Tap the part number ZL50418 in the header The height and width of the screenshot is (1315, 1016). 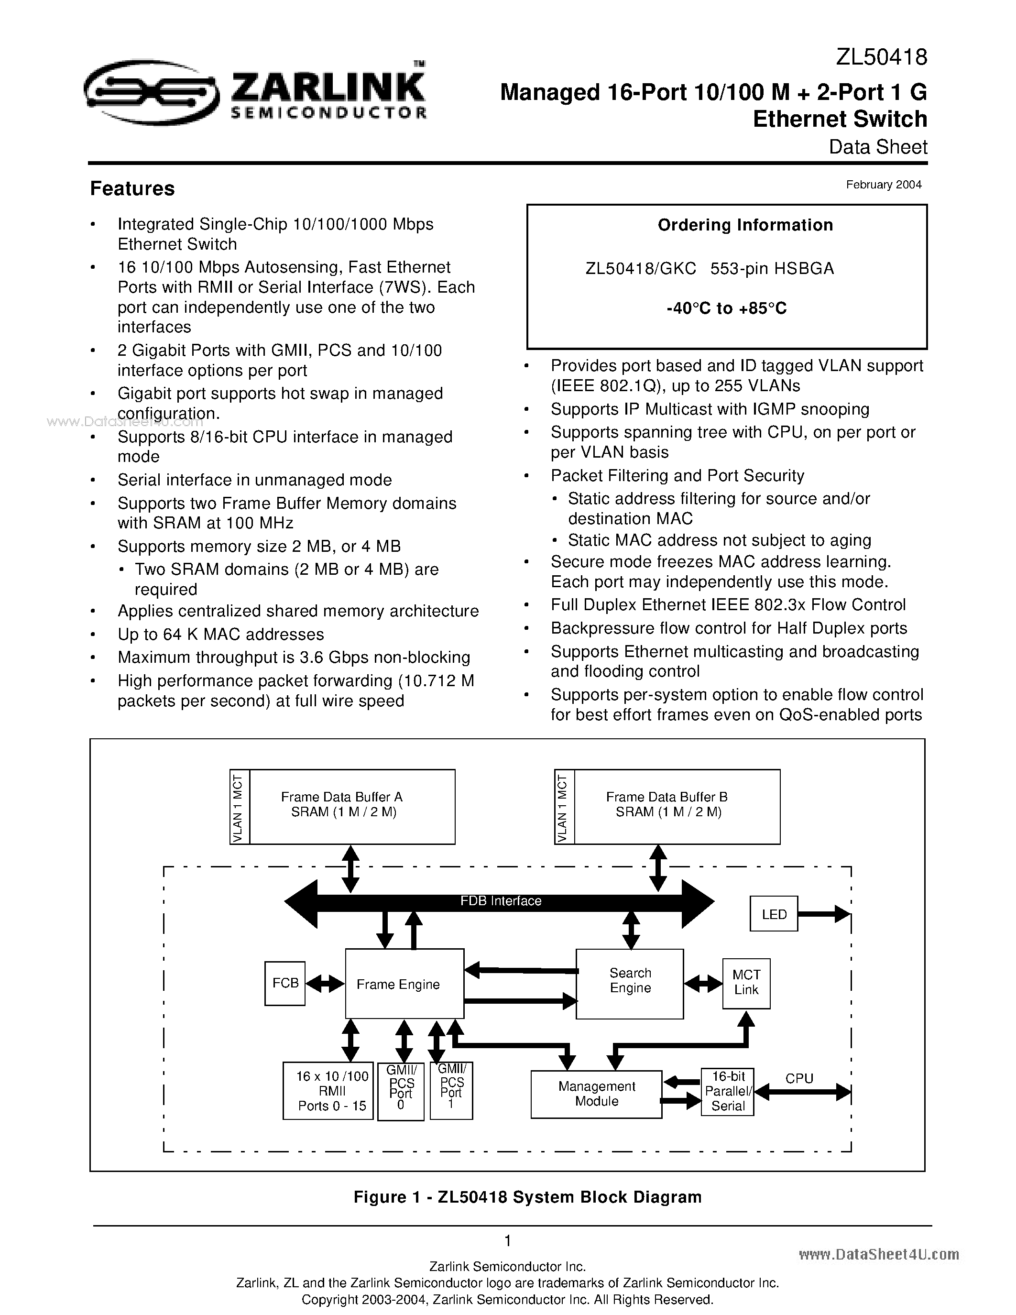point(881,57)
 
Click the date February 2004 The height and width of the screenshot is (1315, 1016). point(883,185)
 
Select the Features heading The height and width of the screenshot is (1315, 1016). point(132,188)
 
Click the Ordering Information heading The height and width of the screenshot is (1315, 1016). point(745,225)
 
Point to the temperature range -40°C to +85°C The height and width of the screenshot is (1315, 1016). point(726,308)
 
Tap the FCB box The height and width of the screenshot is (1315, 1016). point(284,983)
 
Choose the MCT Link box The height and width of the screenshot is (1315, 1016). point(746,982)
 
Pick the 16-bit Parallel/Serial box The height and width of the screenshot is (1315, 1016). point(728,1091)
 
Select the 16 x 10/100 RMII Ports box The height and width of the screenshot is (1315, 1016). point(328,1090)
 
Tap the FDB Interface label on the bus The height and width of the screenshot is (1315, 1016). point(500,901)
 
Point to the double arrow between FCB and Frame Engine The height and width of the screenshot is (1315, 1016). point(325,984)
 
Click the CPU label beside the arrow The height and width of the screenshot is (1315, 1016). point(799,1078)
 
